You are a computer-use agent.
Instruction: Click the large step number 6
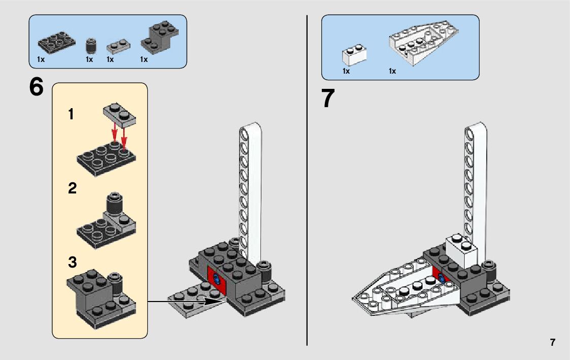37,87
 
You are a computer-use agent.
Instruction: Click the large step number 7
329,99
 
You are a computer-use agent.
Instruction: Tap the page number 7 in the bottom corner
552,342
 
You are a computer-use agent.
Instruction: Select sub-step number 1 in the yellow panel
72,115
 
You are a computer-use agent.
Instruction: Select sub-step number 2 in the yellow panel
72,189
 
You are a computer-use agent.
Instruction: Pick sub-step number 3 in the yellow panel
72,263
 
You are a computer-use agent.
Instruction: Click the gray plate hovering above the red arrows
120,115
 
